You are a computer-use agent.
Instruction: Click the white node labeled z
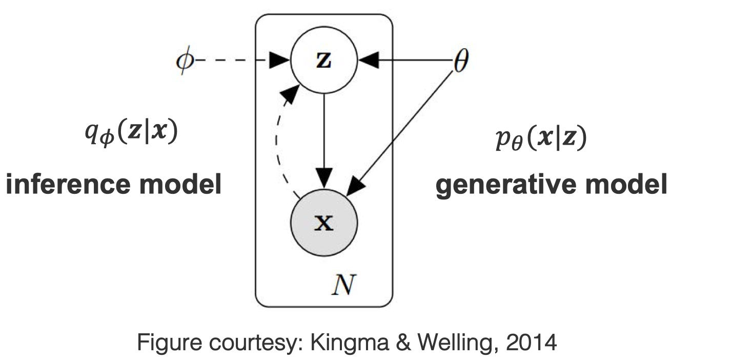(324, 61)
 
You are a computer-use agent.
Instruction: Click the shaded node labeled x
(324, 223)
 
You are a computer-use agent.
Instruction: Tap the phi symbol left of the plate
(182, 62)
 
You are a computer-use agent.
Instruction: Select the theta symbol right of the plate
(460, 62)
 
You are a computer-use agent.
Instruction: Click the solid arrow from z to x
(324, 138)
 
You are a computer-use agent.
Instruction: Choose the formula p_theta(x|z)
(540, 140)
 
